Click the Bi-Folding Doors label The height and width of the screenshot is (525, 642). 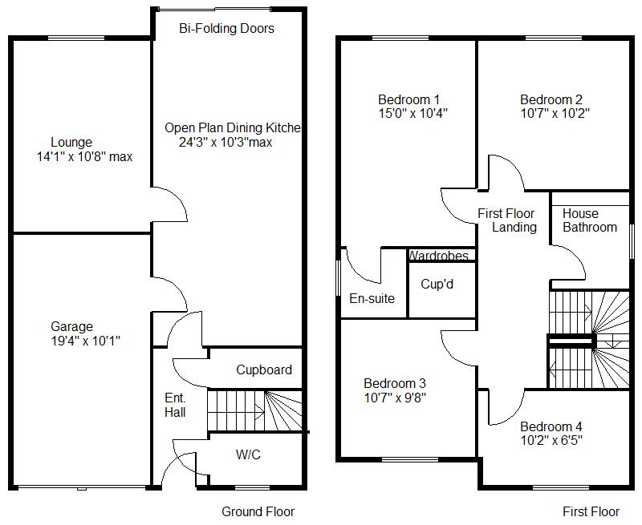pyautogui.click(x=226, y=29)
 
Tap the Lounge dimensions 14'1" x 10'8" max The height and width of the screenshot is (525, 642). pyautogui.click(x=84, y=157)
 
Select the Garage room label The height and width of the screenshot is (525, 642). pyautogui.click(x=72, y=327)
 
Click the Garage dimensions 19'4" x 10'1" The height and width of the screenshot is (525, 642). pyautogui.click(x=86, y=341)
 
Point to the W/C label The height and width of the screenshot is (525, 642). pyautogui.click(x=248, y=455)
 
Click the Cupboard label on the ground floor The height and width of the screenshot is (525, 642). pyautogui.click(x=264, y=370)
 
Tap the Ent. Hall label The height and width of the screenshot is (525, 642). pyautogui.click(x=175, y=405)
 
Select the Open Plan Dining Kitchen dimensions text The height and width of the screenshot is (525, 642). pyautogui.click(x=226, y=143)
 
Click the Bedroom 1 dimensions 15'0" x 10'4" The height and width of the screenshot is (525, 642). pyautogui.click(x=412, y=114)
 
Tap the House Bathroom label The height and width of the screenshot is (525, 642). pyautogui.click(x=590, y=220)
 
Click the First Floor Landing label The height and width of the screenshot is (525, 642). pyautogui.click(x=506, y=220)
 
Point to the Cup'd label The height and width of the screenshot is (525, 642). pyautogui.click(x=437, y=284)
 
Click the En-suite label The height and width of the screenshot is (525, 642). pyautogui.click(x=372, y=298)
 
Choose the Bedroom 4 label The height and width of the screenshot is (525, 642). pyautogui.click(x=551, y=426)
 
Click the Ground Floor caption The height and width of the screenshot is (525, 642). pyautogui.click(x=258, y=511)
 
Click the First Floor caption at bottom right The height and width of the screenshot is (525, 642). pyautogui.click(x=591, y=511)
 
